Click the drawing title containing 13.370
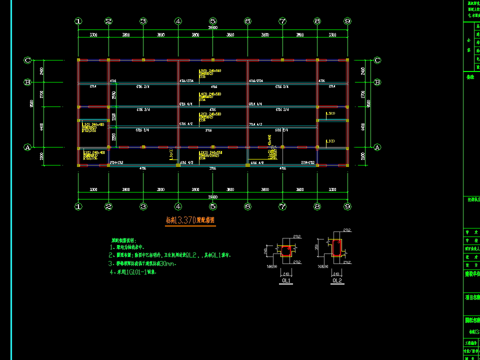tap(191, 220)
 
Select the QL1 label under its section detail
tap(286, 281)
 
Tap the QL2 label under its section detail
tap(336, 281)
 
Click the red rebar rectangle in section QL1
tap(286, 250)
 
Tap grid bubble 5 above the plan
tap(213, 21)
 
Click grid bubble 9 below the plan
tap(347, 206)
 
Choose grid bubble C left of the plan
tap(28, 60)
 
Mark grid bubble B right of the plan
tap(377, 82)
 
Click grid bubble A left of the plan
tap(28, 147)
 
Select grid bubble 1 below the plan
tap(78, 206)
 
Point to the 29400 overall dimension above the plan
tap(213, 28)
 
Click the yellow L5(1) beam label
tap(330, 113)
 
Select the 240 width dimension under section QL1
tap(286, 274)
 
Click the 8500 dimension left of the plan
tap(31, 103)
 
